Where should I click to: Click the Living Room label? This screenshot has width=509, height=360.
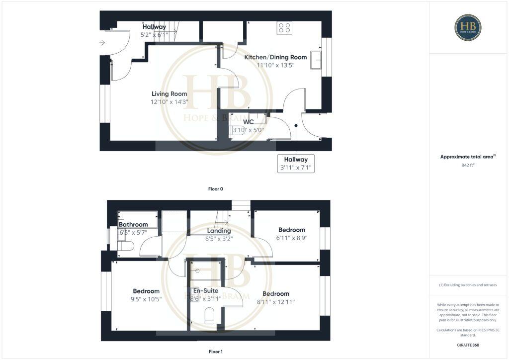[x=170, y=93]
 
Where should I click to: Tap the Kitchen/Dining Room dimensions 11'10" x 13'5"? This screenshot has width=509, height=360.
[x=276, y=65]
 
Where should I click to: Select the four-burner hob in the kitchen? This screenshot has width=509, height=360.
[x=285, y=28]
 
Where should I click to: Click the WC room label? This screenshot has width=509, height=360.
[x=249, y=121]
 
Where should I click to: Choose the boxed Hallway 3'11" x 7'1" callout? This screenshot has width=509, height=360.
[x=296, y=164]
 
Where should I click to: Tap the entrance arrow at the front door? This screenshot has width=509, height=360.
[x=102, y=43]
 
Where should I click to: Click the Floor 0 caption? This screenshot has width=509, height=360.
[x=215, y=189]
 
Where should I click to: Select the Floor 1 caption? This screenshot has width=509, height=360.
[x=215, y=352]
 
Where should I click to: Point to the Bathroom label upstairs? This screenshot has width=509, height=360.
[x=133, y=224]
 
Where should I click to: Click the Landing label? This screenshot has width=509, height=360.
[x=219, y=231]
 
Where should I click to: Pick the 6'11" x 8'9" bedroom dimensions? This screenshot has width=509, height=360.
[x=292, y=238]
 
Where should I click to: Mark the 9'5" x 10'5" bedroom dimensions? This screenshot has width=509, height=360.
[x=146, y=299]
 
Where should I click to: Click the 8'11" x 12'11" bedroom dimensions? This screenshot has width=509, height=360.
[x=276, y=302]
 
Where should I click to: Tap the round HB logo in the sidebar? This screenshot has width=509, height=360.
[x=468, y=27]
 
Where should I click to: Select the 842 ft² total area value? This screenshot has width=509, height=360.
[x=468, y=164]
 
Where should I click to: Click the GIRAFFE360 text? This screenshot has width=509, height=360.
[x=468, y=345]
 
